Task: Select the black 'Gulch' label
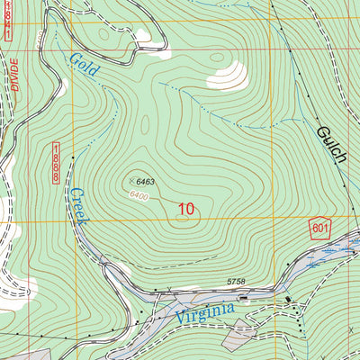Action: pos(331,149)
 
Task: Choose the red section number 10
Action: pos(185,209)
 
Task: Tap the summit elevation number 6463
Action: pos(146,183)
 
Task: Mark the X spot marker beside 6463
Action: pos(131,181)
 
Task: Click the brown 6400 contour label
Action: pos(138,194)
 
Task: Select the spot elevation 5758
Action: pos(236,282)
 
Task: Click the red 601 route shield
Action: pos(320,228)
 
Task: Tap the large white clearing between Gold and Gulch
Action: pos(226,76)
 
